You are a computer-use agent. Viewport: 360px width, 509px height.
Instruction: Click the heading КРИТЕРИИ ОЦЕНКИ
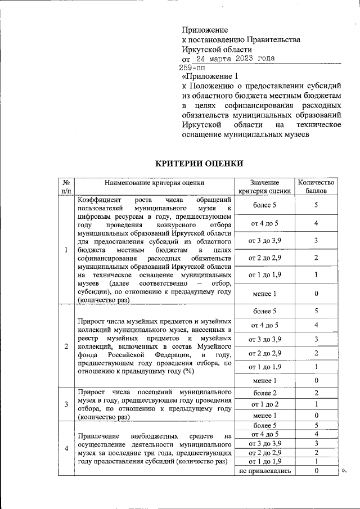click(x=199, y=163)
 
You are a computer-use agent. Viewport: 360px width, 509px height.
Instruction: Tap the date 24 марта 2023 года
click(x=235, y=58)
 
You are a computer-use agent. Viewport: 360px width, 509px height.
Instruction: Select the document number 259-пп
click(x=192, y=67)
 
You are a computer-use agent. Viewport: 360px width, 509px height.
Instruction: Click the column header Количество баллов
click(x=316, y=186)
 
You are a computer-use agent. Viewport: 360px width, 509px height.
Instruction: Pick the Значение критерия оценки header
click(x=265, y=186)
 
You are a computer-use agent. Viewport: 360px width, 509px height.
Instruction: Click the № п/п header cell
click(x=66, y=186)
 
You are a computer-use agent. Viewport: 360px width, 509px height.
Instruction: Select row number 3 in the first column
click(x=66, y=404)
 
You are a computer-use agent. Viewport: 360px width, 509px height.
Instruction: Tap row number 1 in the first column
click(x=66, y=250)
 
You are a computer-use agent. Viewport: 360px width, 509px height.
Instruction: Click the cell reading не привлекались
click(x=265, y=470)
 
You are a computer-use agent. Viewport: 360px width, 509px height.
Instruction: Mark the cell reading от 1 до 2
click(x=265, y=404)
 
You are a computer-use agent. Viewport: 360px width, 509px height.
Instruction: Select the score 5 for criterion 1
click(x=316, y=205)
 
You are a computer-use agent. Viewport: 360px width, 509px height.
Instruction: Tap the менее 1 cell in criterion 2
click(x=265, y=380)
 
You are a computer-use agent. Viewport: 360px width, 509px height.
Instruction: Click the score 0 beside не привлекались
click(x=316, y=470)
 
